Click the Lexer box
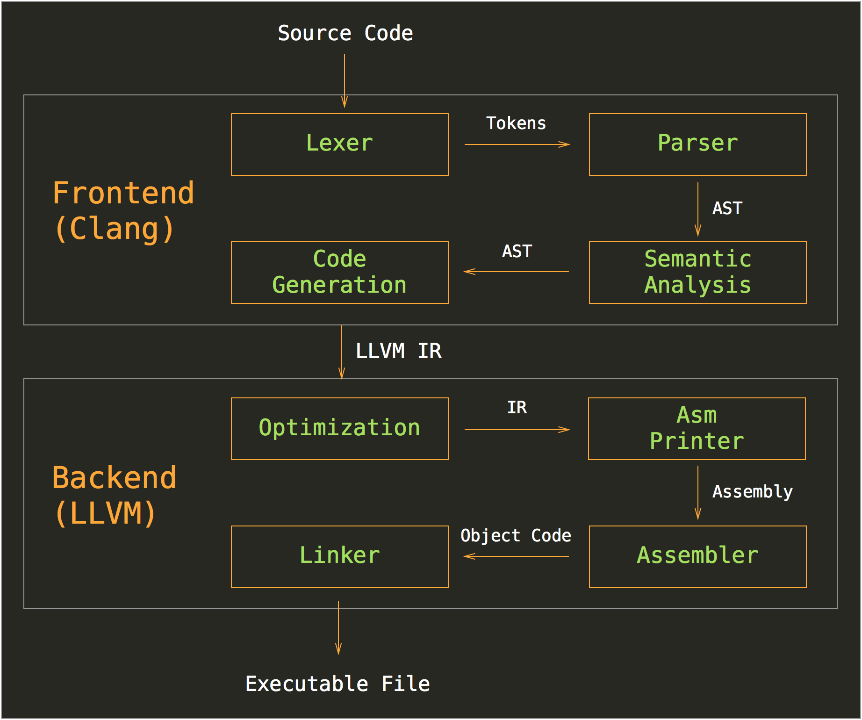[x=339, y=144]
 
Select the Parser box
[x=697, y=144]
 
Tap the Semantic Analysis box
[x=697, y=272]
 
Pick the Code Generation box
[x=339, y=272]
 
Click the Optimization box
[x=339, y=428]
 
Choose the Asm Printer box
[x=697, y=428]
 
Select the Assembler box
[x=697, y=556]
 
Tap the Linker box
[x=339, y=556]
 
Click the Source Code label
[x=345, y=33]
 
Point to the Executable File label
[x=338, y=684]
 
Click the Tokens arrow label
[x=516, y=123]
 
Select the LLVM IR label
[x=398, y=351]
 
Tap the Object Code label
[x=516, y=536]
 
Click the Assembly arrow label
[x=752, y=492]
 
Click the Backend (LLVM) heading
[x=114, y=496]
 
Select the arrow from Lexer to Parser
[x=517, y=144]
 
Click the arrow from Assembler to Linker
[x=516, y=556]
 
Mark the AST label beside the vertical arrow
[x=727, y=209]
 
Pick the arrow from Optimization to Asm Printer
[x=517, y=430]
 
